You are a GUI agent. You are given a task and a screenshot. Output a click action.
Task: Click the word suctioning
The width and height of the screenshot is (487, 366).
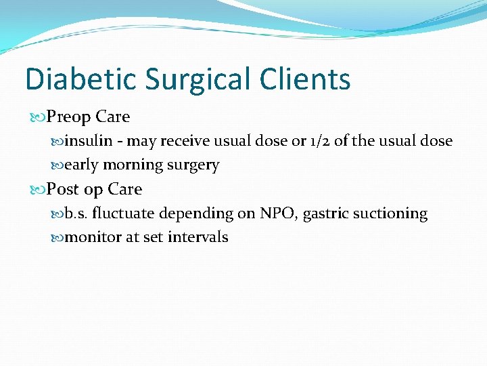click(391, 213)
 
